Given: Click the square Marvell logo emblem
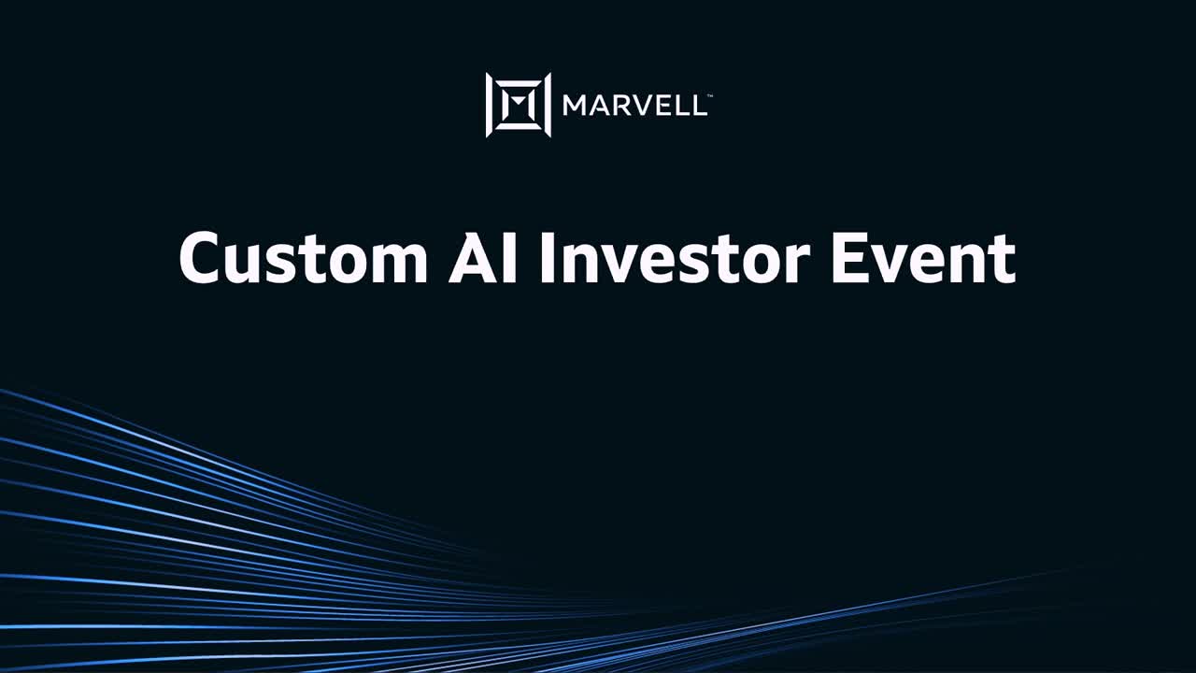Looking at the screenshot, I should tap(518, 105).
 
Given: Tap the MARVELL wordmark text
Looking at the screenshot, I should tap(634, 106).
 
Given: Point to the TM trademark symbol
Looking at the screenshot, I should tap(710, 95).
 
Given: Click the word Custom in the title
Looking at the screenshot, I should tap(303, 258).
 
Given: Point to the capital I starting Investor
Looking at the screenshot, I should tap(548, 258).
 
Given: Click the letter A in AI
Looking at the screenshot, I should tap(471, 258).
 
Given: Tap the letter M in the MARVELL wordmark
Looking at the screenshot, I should tap(575, 106).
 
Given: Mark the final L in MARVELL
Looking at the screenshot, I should tap(699, 106).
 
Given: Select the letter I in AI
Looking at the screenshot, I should tap(511, 258).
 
